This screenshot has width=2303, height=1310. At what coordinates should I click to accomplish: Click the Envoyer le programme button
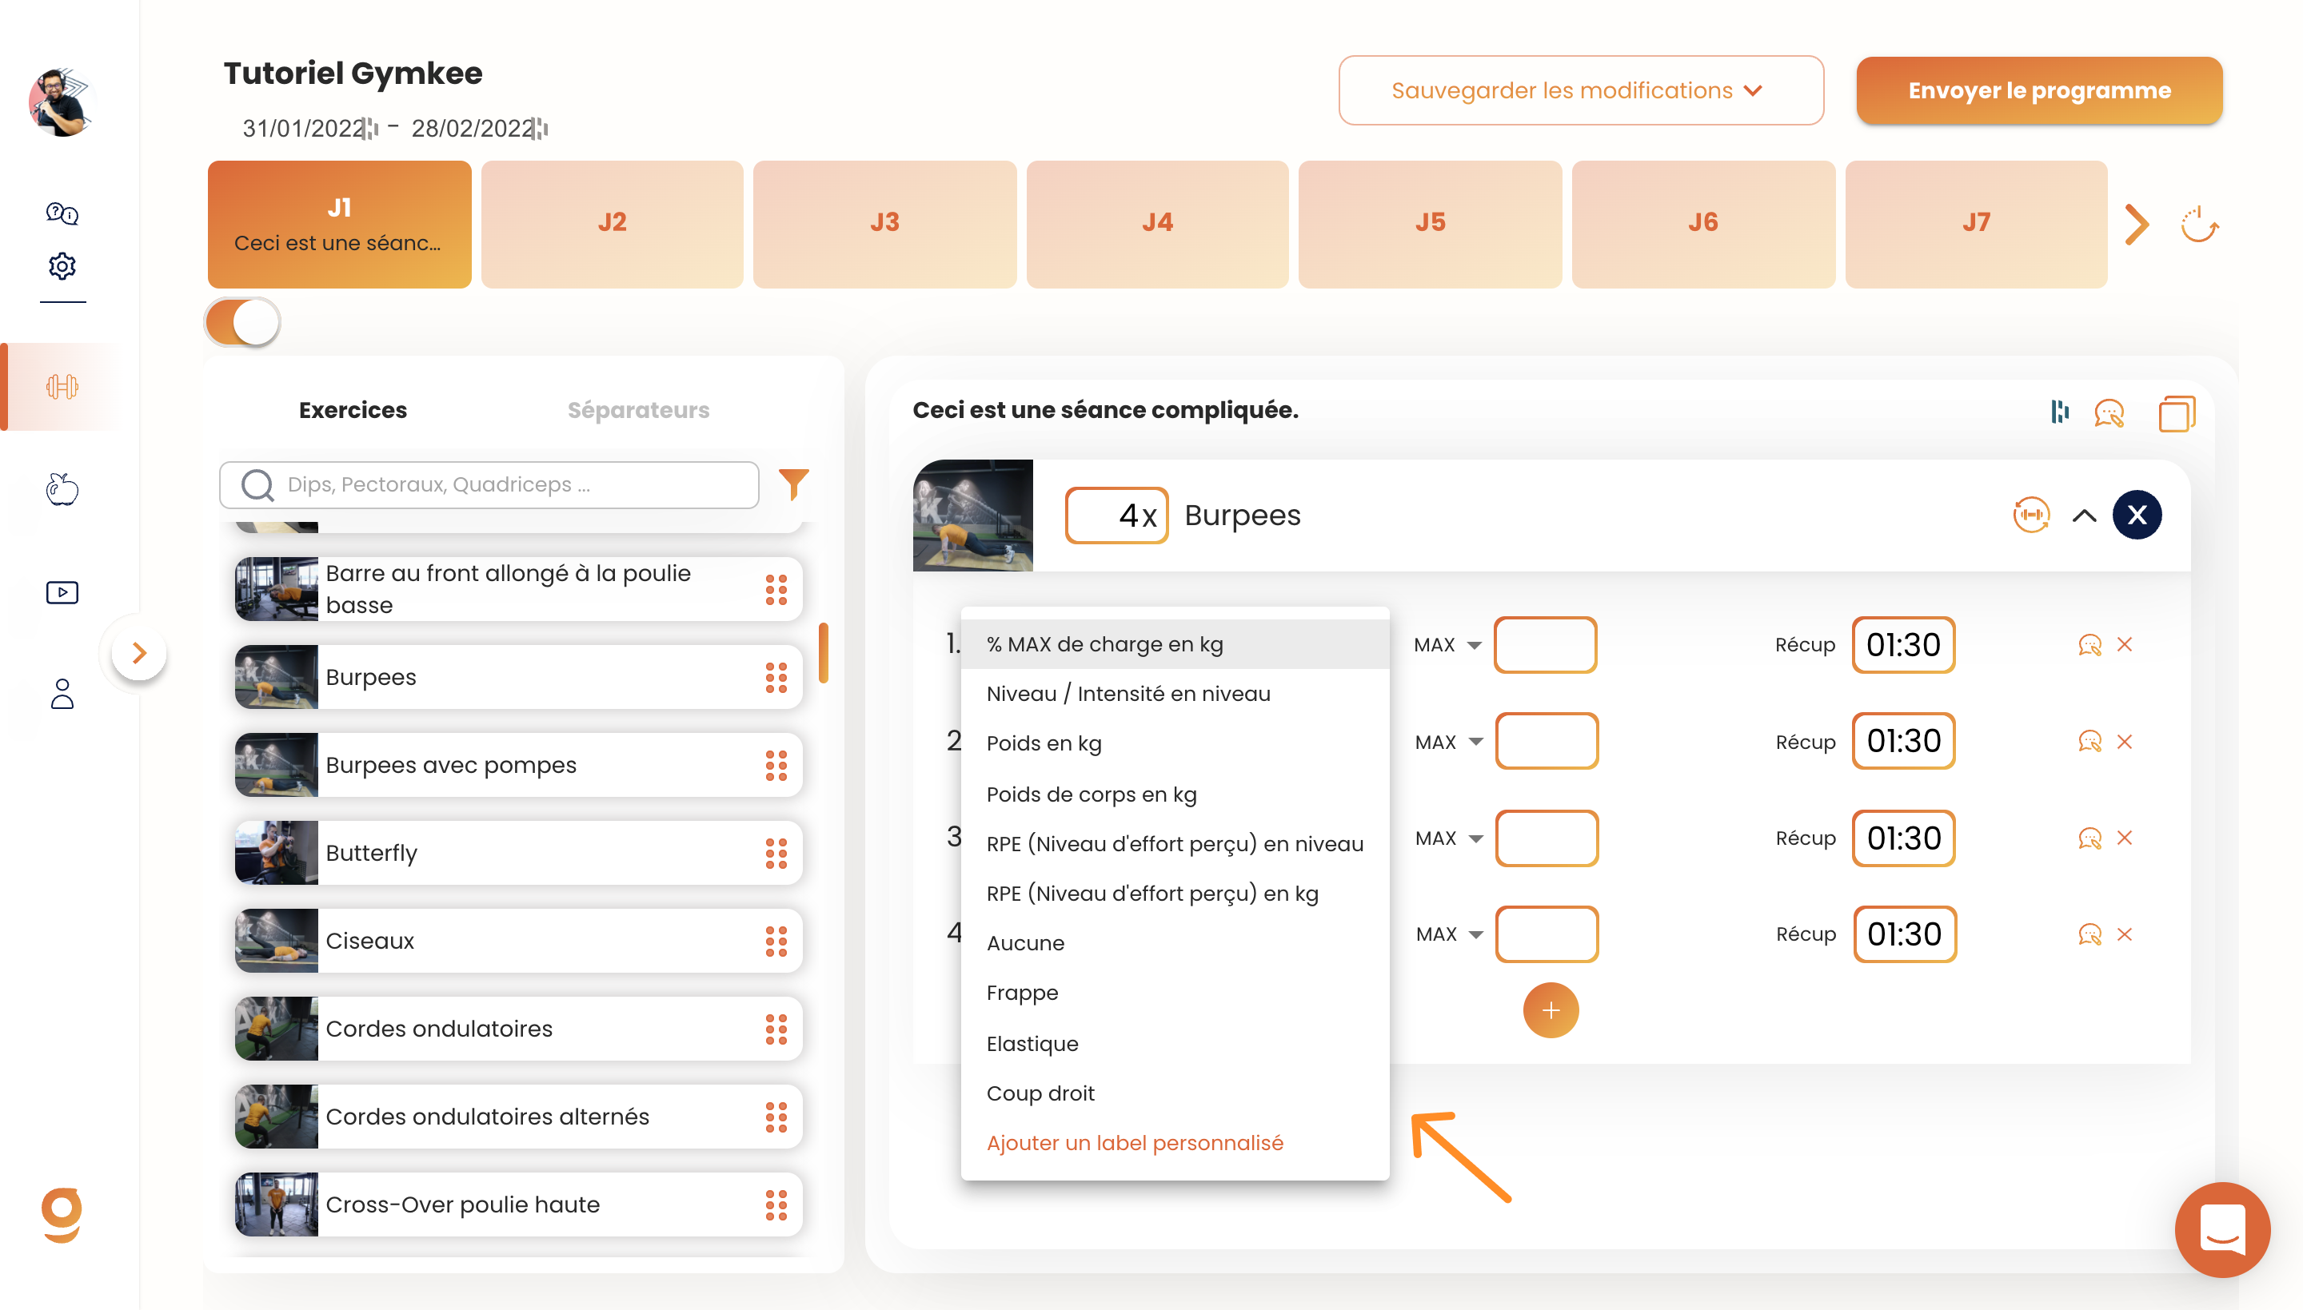pyautogui.click(x=2038, y=91)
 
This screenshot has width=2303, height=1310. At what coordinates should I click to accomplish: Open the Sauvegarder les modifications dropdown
pyautogui.click(x=1580, y=91)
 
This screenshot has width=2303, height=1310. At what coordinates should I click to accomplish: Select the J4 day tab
pyautogui.click(x=1157, y=223)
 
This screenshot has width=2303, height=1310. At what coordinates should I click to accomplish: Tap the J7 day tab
pyautogui.click(x=1976, y=223)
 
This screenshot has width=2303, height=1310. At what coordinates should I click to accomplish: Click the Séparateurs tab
pyautogui.click(x=638, y=410)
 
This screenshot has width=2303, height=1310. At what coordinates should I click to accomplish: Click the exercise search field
pyautogui.click(x=489, y=485)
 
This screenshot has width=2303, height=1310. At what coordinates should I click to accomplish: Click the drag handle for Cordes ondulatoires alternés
pyautogui.click(x=776, y=1117)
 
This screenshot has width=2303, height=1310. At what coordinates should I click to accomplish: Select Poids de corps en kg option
pyautogui.click(x=1091, y=794)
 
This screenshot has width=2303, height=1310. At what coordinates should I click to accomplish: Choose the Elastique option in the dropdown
pyautogui.click(x=1032, y=1044)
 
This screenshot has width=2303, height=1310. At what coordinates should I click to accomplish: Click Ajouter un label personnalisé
pyautogui.click(x=1135, y=1143)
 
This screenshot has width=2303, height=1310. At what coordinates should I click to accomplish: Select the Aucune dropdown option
pyautogui.click(x=1025, y=943)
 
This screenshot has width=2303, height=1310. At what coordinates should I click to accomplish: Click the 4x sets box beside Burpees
pyautogui.click(x=1116, y=516)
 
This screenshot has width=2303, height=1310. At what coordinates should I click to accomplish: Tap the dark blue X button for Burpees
pyautogui.click(x=2137, y=515)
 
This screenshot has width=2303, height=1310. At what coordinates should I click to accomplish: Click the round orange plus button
pyautogui.click(x=1551, y=1010)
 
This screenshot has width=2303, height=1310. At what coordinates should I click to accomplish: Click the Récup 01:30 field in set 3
pyautogui.click(x=1903, y=838)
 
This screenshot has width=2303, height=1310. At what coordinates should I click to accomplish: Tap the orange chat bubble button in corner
pyautogui.click(x=2222, y=1230)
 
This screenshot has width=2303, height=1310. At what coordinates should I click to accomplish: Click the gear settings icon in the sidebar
pyautogui.click(x=62, y=265)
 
